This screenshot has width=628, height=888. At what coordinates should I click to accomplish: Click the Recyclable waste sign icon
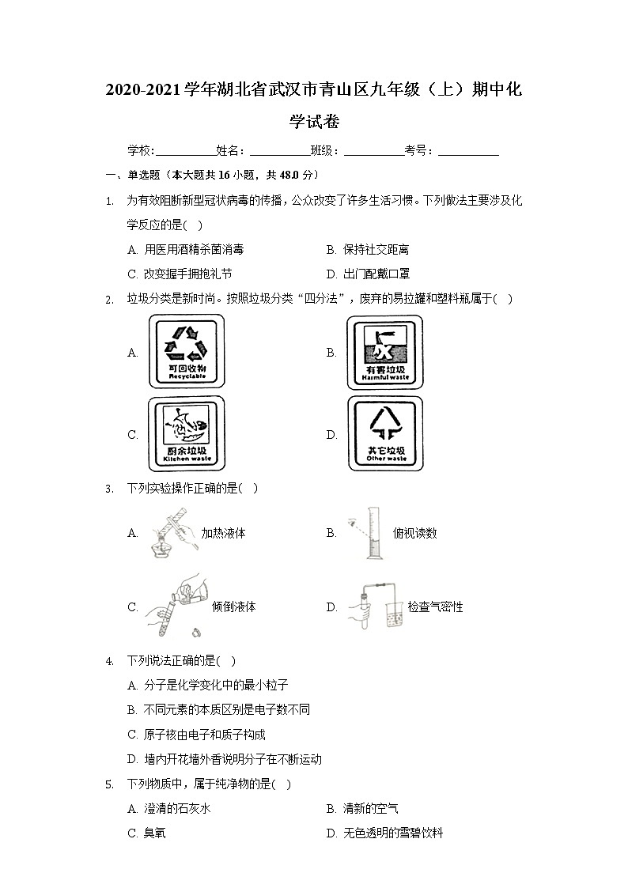[187, 352]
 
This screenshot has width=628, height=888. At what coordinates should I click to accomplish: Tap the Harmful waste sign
[384, 352]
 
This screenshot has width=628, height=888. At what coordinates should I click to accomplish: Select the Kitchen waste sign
[187, 433]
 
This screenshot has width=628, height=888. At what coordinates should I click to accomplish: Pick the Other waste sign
[385, 433]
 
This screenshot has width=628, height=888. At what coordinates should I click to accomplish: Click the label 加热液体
[223, 533]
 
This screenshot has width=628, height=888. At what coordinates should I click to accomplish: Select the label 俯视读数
[414, 533]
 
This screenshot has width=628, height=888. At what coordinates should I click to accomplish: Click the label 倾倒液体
[234, 607]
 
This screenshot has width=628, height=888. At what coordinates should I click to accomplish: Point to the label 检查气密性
[435, 607]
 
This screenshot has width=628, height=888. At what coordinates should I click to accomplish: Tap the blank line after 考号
[468, 151]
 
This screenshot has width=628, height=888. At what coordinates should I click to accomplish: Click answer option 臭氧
[154, 833]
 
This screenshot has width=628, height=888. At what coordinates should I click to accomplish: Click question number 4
[109, 661]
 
